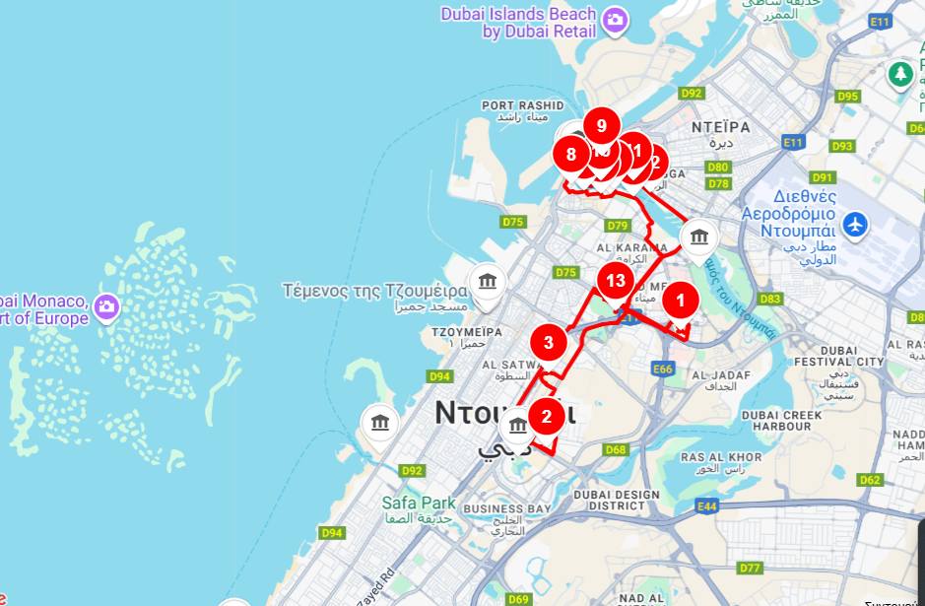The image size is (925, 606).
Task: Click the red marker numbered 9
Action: (x=601, y=125)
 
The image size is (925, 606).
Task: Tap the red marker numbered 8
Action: (x=570, y=154)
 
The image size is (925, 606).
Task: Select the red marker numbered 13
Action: (x=616, y=280)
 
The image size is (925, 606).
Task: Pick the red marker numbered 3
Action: (x=549, y=343)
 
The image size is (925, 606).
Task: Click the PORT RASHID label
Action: (x=522, y=105)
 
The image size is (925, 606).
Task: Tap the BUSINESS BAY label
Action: (x=506, y=508)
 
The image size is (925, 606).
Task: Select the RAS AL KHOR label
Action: (x=721, y=457)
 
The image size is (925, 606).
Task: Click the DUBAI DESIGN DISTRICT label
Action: (x=617, y=501)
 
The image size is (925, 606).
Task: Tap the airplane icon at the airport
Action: (x=856, y=224)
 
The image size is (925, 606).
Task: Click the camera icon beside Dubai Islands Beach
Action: (x=616, y=20)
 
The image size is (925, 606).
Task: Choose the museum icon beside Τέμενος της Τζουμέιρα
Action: (x=487, y=283)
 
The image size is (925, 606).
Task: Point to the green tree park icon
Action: (x=899, y=73)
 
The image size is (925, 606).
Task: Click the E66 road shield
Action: (x=662, y=369)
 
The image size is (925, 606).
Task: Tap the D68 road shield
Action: (x=616, y=450)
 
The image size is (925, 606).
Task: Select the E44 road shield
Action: (x=705, y=505)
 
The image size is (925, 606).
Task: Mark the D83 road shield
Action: (x=770, y=299)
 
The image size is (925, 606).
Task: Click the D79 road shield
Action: (x=618, y=226)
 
